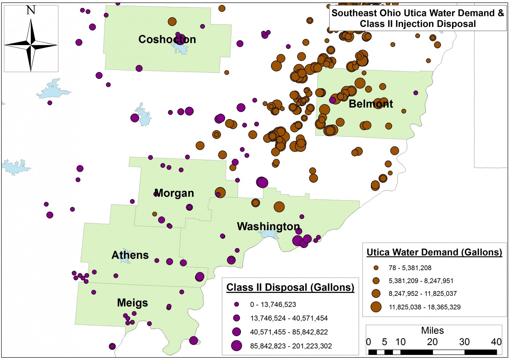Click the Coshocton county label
point(167,39)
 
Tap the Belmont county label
point(371,104)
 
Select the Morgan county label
point(174,193)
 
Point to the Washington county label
point(268,226)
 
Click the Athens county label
point(130,255)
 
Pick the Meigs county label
point(132,303)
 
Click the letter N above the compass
point(31,10)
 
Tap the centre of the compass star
point(31,44)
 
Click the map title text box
point(417,18)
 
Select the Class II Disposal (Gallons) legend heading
point(290,287)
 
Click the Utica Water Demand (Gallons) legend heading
point(434,252)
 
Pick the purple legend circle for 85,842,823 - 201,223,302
point(237,346)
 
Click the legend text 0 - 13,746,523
point(273,304)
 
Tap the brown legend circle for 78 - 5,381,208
point(376,268)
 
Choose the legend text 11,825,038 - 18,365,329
point(424,307)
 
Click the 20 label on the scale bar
point(432,342)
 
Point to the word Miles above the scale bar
point(432,330)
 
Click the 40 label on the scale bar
point(496,342)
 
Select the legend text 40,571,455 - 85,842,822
point(289,332)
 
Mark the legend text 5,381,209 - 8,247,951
point(421,281)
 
